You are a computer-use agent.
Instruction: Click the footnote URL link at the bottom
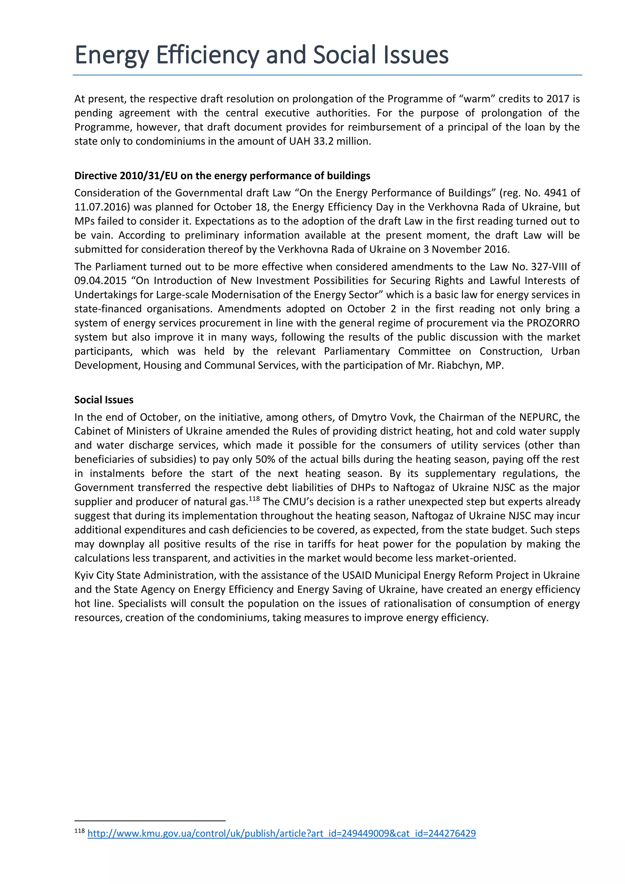281,834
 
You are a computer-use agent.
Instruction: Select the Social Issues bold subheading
104,400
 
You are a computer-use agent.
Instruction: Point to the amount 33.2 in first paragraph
323,141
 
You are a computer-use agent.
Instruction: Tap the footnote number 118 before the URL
80,831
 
